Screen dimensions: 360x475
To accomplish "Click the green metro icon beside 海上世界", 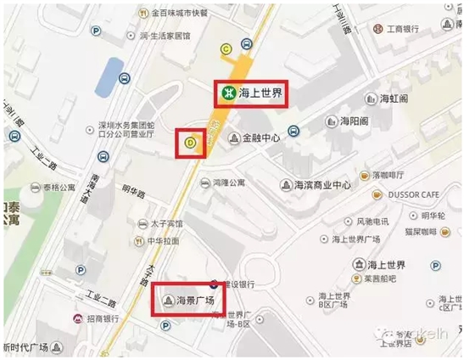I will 227,94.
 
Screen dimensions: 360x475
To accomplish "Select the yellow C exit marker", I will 226,49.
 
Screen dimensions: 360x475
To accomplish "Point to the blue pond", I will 108,76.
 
